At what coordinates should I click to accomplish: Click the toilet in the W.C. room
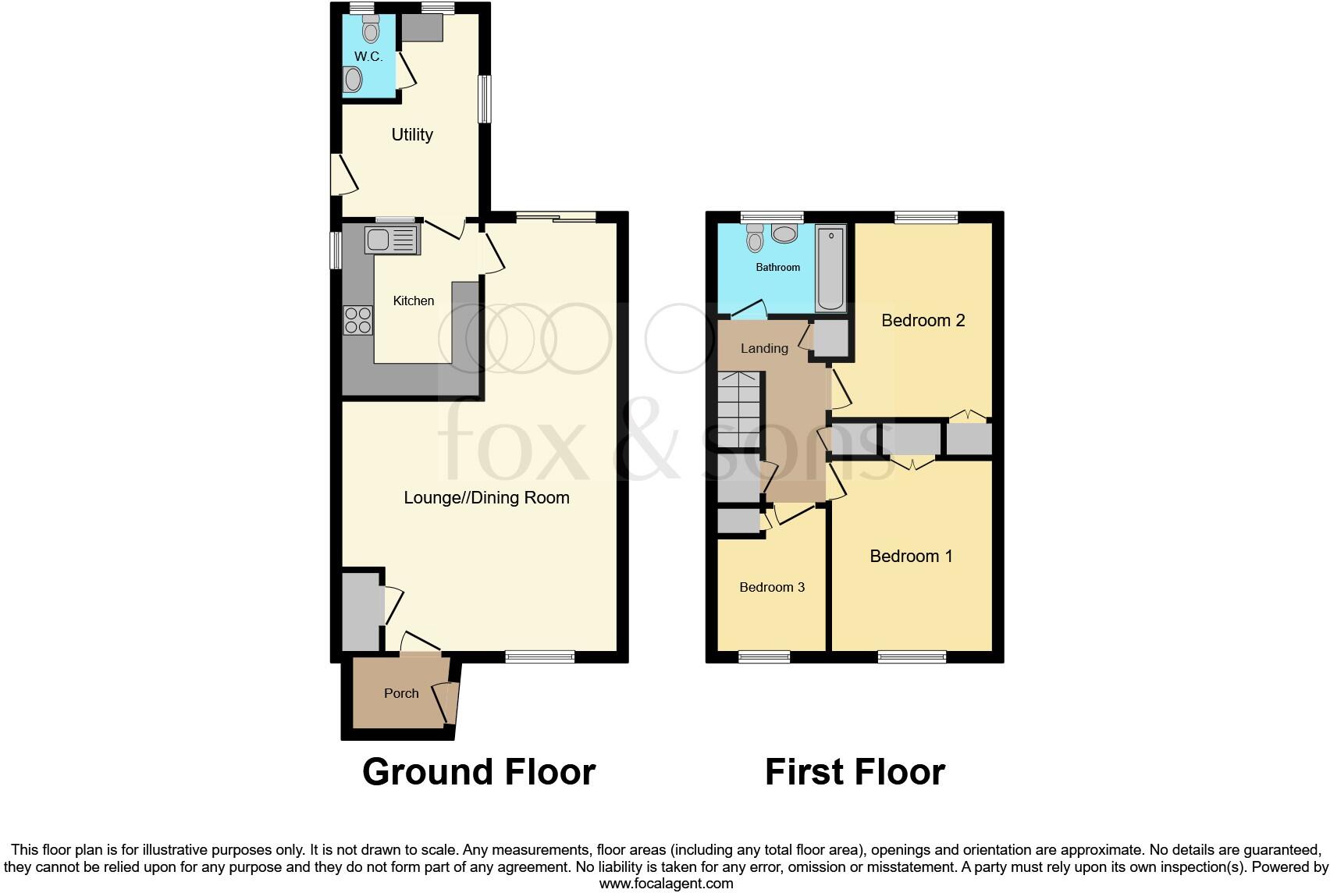(371, 30)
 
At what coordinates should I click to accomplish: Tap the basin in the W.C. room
(354, 80)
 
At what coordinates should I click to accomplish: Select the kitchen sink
(392, 239)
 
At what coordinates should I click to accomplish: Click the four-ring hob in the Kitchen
(358, 320)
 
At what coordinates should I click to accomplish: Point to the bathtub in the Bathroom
(830, 269)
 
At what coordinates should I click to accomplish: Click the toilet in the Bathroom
(754, 237)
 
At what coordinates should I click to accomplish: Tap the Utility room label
(412, 134)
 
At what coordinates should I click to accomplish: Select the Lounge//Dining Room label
(486, 497)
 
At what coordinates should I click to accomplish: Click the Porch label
(401, 693)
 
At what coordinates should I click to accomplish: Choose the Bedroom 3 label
(772, 587)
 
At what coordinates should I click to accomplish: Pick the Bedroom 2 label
(923, 320)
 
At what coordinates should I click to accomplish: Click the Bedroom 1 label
(911, 556)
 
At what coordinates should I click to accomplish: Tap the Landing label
(764, 348)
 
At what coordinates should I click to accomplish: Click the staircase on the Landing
(738, 409)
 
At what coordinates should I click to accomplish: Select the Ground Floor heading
(478, 772)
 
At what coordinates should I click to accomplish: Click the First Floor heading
(855, 772)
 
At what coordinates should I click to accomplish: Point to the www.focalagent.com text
(666, 884)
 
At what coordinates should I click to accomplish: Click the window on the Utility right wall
(485, 98)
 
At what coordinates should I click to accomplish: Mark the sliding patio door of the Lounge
(556, 218)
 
